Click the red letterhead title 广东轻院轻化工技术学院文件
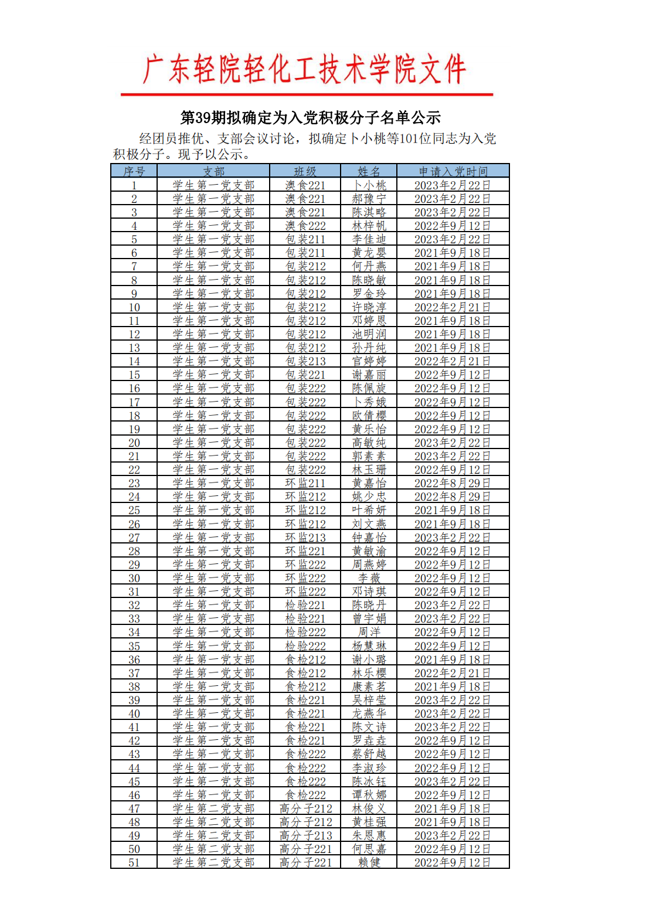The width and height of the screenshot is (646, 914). tap(305, 70)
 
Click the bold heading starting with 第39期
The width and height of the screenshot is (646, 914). tap(310, 118)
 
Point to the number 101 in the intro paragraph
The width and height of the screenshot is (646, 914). tap(409, 139)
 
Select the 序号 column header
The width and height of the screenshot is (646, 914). tap(134, 171)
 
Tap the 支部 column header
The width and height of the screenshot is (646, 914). tap(213, 171)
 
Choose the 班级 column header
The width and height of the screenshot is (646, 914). tap(305, 171)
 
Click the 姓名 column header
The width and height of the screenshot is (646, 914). tap(369, 171)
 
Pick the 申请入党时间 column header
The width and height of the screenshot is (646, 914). tap(453, 171)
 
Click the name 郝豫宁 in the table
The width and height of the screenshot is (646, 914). tap(369, 199)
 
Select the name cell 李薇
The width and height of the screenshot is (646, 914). tap(369, 578)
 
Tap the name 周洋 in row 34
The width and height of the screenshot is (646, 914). tap(369, 632)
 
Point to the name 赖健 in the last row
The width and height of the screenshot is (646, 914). tap(369, 862)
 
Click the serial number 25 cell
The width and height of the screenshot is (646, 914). tap(134, 510)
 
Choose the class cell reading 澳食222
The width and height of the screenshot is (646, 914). tap(305, 226)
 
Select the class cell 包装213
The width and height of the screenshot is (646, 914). tap(305, 361)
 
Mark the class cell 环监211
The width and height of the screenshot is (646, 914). tap(305, 483)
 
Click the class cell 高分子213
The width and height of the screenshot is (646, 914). tap(305, 835)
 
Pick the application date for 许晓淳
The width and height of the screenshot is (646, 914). tap(453, 307)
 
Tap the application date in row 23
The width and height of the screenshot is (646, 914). tap(453, 483)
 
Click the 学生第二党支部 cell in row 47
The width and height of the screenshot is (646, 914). tap(213, 808)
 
